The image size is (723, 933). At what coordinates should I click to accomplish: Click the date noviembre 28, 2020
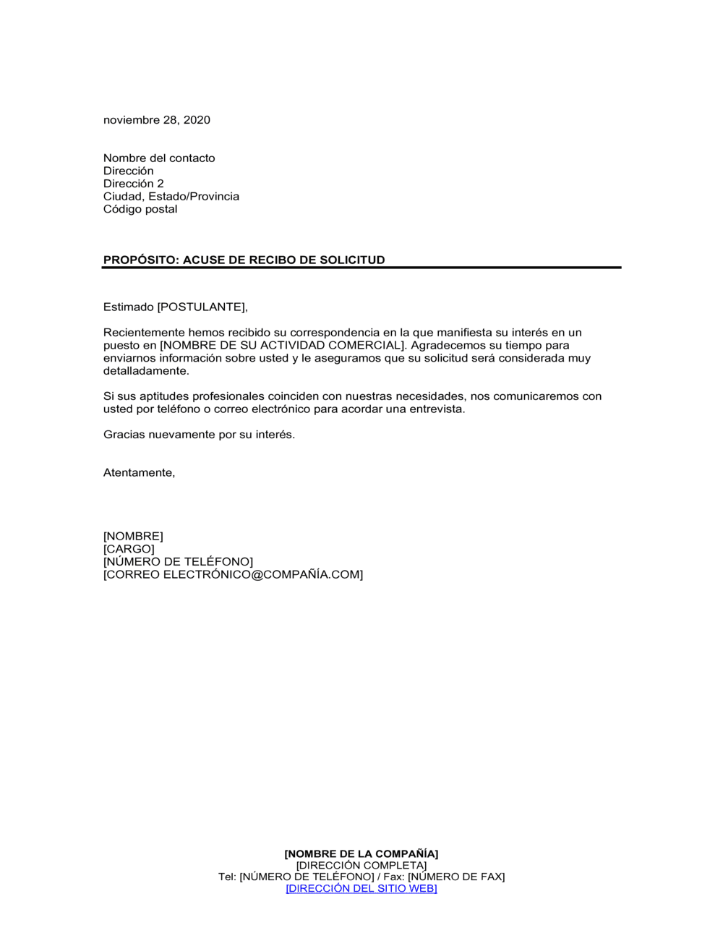pos(157,120)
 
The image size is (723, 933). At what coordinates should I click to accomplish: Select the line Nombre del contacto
pos(159,158)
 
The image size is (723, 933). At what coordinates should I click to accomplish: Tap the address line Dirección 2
pos(134,184)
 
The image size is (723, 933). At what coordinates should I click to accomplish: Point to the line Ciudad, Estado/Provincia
pos(171,197)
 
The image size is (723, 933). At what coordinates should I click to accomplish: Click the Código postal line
pos(140,209)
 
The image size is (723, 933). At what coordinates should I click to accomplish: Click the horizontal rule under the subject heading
pos(361,268)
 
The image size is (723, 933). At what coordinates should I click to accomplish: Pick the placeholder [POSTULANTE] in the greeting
pos(202,307)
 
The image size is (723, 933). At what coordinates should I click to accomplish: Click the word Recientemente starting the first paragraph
pos(144,333)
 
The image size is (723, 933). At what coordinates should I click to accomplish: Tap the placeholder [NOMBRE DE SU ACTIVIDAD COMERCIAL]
pos(283,346)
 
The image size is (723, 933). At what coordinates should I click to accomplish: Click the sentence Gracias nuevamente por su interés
pos(199,435)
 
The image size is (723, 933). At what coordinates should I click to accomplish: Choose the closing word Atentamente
pos(138,473)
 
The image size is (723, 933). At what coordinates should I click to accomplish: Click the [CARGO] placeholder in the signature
pos(129,549)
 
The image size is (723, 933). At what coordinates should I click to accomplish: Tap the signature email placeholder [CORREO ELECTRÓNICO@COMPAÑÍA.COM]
pos(233,575)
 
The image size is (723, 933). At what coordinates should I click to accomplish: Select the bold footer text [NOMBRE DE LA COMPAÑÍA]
pos(361,854)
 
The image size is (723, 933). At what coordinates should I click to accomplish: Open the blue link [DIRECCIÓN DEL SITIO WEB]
pos(361,889)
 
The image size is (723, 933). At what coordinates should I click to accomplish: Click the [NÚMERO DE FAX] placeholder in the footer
pos(456,877)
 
